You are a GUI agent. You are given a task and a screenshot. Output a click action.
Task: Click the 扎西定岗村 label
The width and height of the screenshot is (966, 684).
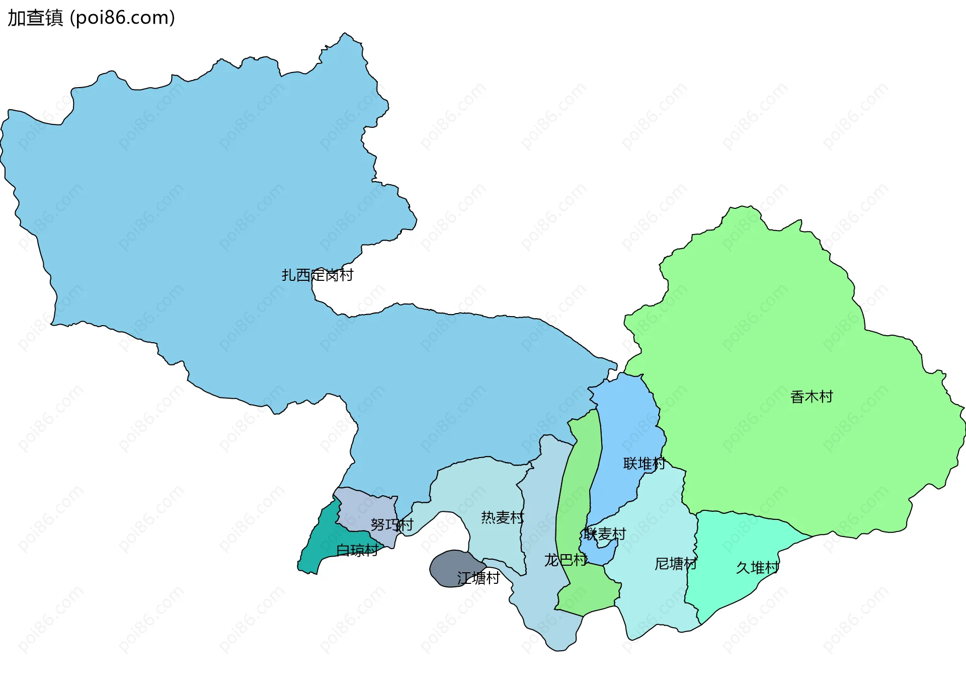click(x=317, y=275)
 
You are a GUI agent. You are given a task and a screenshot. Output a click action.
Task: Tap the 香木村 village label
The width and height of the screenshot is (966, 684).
click(x=811, y=397)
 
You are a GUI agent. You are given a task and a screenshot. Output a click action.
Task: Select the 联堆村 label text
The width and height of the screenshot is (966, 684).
click(x=644, y=464)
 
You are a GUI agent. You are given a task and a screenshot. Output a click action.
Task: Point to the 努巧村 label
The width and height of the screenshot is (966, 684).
click(x=391, y=525)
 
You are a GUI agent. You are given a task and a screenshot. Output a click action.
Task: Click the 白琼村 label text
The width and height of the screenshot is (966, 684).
click(x=357, y=551)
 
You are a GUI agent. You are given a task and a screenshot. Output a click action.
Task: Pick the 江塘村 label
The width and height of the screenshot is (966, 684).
click(x=478, y=578)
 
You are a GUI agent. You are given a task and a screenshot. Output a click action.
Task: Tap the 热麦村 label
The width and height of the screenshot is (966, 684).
click(x=502, y=517)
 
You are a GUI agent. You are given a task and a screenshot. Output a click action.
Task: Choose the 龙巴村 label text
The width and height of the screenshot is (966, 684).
click(x=566, y=560)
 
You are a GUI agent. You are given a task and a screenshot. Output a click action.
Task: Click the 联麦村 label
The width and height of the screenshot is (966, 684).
click(x=605, y=534)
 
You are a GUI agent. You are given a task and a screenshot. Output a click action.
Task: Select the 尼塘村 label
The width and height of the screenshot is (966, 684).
click(x=676, y=564)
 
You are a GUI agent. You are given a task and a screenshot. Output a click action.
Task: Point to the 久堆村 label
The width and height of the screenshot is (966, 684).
click(x=757, y=568)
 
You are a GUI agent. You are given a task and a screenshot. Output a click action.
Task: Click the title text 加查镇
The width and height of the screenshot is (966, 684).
click(x=35, y=18)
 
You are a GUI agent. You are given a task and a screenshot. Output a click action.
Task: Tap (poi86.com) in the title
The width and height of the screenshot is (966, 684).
click(x=122, y=18)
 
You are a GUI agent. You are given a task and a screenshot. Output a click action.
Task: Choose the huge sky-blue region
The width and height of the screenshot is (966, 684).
click(x=201, y=226)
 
